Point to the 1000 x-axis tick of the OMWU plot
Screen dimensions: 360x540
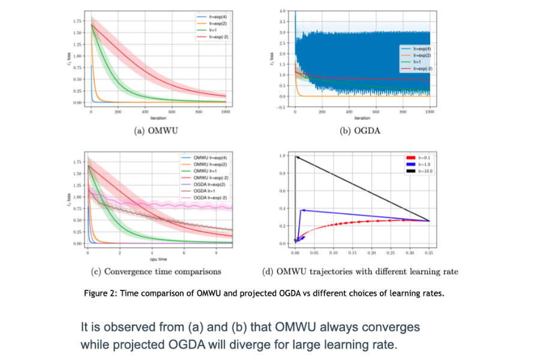coord(226,112)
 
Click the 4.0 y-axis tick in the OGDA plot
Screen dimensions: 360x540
coord(289,11)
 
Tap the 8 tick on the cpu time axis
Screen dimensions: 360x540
coord(215,254)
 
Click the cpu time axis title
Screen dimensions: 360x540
coord(158,259)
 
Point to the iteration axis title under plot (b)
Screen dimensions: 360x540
coord(362,118)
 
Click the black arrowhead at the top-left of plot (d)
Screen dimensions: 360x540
coord(296,158)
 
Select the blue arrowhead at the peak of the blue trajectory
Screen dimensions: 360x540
coord(302,210)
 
